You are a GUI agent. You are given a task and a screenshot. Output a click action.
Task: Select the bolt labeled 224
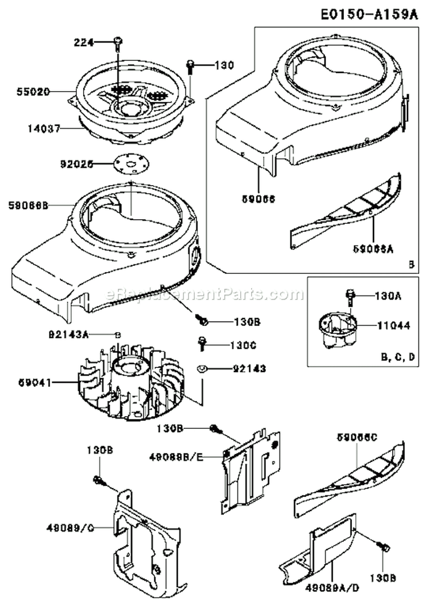[x=118, y=41]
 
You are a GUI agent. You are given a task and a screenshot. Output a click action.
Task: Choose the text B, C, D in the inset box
[x=396, y=357]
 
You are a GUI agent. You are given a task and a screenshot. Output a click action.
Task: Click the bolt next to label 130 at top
[x=191, y=67]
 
